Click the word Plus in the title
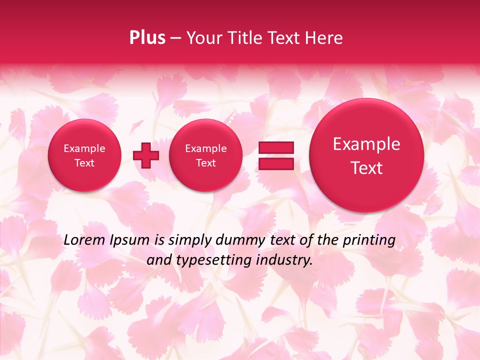(147, 38)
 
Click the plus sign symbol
(146, 155)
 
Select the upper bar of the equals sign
(276, 148)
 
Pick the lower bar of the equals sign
(276, 163)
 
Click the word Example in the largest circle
(366, 144)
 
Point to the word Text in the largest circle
(366, 168)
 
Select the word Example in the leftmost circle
(84, 148)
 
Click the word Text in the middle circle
(205, 163)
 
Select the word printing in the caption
(369, 240)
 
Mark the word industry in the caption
(287, 260)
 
